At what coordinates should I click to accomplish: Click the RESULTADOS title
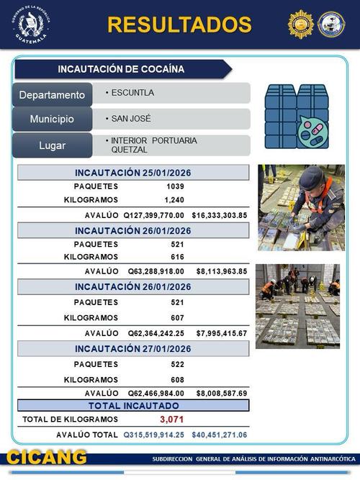(x=179, y=24)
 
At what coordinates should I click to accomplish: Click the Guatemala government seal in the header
(x=30, y=25)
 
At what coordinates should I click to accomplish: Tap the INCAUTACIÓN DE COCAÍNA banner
(x=121, y=69)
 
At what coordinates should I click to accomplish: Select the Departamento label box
(x=52, y=95)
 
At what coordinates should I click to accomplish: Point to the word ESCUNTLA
(x=132, y=93)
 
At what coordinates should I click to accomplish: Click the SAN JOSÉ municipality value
(x=131, y=118)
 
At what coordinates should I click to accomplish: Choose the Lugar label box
(x=52, y=145)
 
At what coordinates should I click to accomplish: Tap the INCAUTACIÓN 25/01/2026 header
(x=133, y=173)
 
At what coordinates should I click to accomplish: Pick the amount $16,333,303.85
(x=220, y=214)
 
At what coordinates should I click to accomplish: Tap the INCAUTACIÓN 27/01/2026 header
(x=133, y=349)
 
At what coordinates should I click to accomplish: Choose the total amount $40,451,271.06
(x=220, y=435)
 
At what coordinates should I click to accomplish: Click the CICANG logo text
(x=48, y=458)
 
